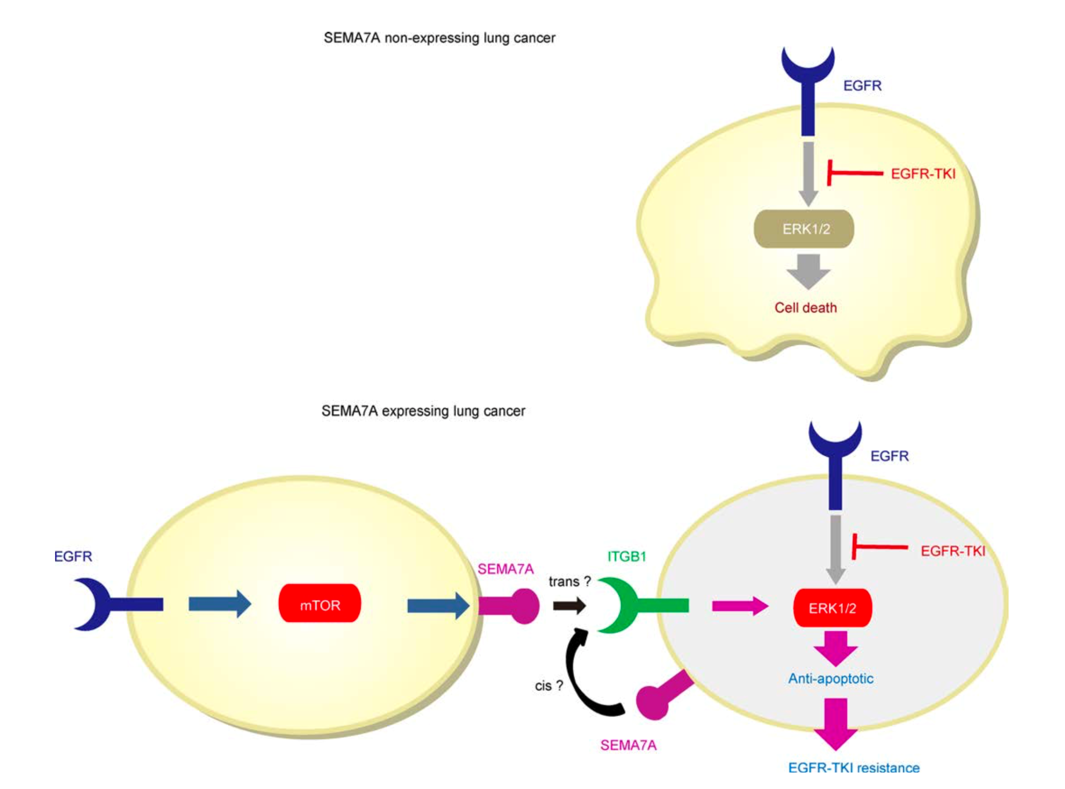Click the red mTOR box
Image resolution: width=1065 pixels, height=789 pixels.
tap(320, 603)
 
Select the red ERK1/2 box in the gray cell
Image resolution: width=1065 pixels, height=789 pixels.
tap(832, 607)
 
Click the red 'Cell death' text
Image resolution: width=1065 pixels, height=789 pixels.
tap(805, 308)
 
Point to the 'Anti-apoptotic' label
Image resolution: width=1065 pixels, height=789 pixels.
tap(830, 678)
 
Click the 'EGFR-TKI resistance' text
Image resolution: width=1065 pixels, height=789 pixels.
tap(854, 768)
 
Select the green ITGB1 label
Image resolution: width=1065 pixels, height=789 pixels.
tap(626, 556)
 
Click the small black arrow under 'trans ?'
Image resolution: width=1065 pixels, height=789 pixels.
tap(569, 605)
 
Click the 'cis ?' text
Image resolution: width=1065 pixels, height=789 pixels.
tap(548, 686)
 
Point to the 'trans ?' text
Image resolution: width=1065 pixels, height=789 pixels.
tap(570, 581)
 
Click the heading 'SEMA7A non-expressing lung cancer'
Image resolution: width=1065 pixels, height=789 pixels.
tap(439, 38)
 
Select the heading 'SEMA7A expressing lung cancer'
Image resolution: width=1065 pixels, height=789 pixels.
tap(423, 411)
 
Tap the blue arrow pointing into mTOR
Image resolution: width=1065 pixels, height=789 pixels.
tap(220, 604)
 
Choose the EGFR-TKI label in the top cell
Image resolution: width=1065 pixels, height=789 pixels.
tap(923, 174)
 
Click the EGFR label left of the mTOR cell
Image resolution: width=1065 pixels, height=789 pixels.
tap(73, 556)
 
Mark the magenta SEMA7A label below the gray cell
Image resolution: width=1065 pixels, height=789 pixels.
tap(628, 745)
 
